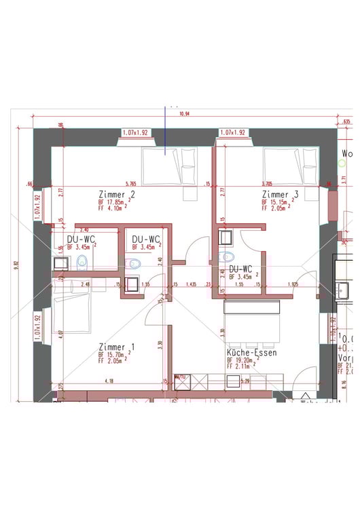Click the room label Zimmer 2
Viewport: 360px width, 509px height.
[117, 195]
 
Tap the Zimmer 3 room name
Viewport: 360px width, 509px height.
[280, 195]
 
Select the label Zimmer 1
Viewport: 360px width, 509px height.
[116, 347]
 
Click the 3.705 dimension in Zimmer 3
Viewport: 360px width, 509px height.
[266, 183]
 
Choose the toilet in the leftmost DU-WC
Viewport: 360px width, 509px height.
[82, 261]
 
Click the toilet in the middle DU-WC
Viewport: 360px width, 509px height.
[134, 264]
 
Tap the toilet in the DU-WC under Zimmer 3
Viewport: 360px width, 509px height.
[228, 257]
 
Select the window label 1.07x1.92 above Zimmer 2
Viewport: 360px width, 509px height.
[137, 132]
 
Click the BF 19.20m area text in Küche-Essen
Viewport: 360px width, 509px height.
[244, 361]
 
